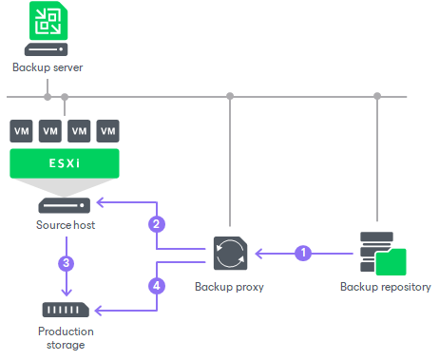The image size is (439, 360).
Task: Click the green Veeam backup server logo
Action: click(46, 22)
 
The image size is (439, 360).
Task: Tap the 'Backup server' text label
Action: click(48, 68)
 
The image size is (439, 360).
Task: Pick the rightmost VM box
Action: click(108, 131)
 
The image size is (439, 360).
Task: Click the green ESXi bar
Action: click(65, 163)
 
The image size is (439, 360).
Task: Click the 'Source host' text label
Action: click(65, 226)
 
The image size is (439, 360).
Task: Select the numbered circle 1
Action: click(303, 253)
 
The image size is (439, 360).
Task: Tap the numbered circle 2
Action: click(158, 225)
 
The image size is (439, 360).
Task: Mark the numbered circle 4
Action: click(158, 283)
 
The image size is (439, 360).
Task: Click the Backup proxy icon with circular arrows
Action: click(231, 253)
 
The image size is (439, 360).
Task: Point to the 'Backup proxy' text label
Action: click(229, 286)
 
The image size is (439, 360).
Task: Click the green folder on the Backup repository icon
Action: click(390, 260)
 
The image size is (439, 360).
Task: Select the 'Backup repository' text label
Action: click(386, 286)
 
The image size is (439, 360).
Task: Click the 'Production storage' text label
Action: click(65, 337)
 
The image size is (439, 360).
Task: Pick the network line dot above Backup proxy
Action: click(230, 96)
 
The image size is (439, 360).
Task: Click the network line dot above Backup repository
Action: click(377, 96)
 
